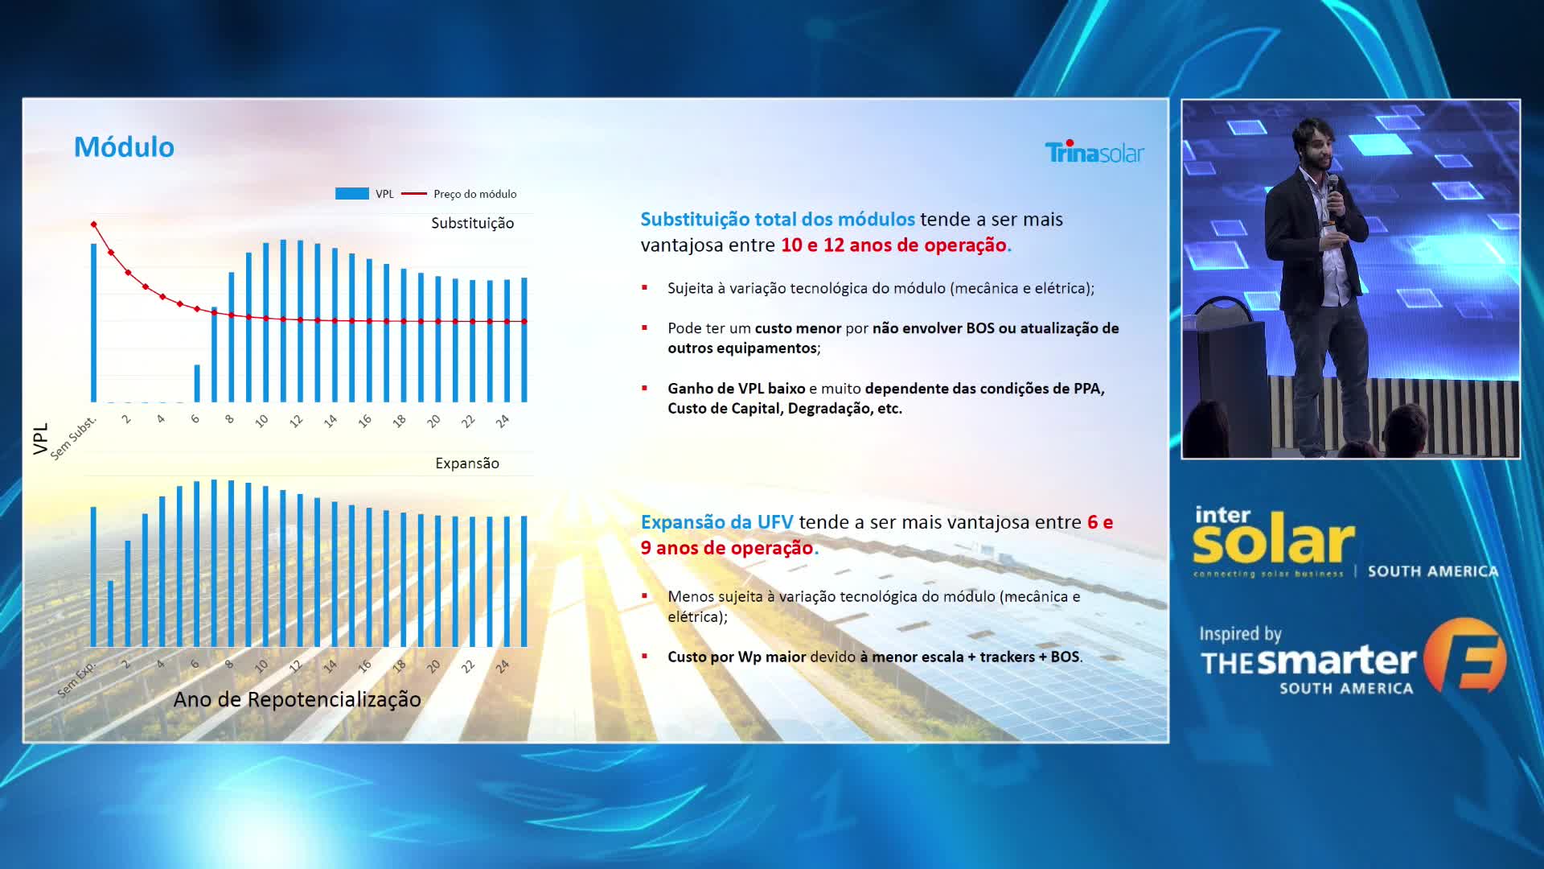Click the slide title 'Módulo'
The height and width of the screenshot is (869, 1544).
click(124, 147)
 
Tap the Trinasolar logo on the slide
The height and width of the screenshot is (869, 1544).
click(1094, 151)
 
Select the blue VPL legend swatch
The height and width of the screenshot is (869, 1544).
click(351, 194)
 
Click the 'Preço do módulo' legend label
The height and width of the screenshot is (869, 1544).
click(474, 194)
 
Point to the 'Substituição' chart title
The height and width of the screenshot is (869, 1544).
click(472, 223)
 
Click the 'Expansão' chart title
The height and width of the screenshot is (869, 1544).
click(467, 463)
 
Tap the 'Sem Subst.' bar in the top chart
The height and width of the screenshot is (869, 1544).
click(93, 322)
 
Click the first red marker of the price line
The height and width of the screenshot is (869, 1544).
click(94, 224)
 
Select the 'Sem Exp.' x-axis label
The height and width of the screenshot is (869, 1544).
click(76, 681)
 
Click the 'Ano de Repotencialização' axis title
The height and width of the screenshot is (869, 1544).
click(297, 699)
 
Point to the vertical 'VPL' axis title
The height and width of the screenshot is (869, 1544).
click(40, 439)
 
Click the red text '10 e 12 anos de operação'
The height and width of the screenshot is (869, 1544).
click(893, 245)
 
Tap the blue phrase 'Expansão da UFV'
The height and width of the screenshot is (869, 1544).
click(717, 522)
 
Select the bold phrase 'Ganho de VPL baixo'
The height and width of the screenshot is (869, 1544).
click(736, 389)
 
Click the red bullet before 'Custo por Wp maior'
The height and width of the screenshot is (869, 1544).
click(644, 656)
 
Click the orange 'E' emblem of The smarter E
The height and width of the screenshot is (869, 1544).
click(1464, 655)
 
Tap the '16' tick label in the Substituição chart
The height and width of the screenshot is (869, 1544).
click(365, 421)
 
